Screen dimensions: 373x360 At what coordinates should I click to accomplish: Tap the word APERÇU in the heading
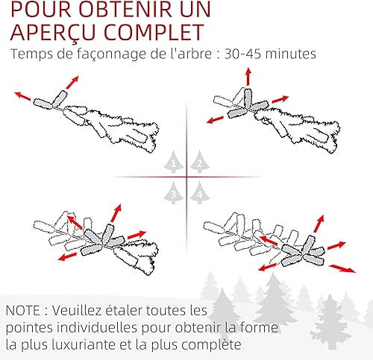pyautogui.click(x=53, y=33)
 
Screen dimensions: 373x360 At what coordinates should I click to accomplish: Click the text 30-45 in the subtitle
pyautogui.click(x=242, y=54)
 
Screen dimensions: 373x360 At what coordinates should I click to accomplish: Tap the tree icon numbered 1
pyautogui.click(x=174, y=162)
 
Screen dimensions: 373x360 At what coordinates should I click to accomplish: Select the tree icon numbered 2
pyautogui.click(x=200, y=162)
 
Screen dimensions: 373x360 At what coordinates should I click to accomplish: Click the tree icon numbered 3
pyautogui.click(x=174, y=192)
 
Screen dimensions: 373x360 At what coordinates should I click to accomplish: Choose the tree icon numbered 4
pyautogui.click(x=200, y=192)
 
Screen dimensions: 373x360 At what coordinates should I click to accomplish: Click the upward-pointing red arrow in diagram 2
pyautogui.click(x=248, y=77)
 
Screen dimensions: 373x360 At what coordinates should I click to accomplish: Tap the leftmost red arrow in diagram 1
pyautogui.click(x=23, y=95)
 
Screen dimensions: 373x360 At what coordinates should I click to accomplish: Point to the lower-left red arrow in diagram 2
pyautogui.click(x=216, y=120)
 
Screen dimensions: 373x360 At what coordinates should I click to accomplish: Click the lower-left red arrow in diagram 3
pyautogui.click(x=67, y=256)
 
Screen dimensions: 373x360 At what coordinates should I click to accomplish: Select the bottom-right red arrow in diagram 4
pyautogui.click(x=342, y=268)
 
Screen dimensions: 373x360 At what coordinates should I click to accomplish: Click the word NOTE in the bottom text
pyautogui.click(x=22, y=311)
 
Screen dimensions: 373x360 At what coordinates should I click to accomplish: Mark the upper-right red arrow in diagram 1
pyautogui.click(x=72, y=83)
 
